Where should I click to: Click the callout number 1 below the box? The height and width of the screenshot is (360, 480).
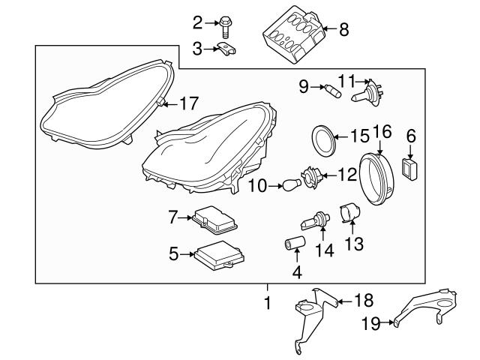(x=266, y=304)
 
